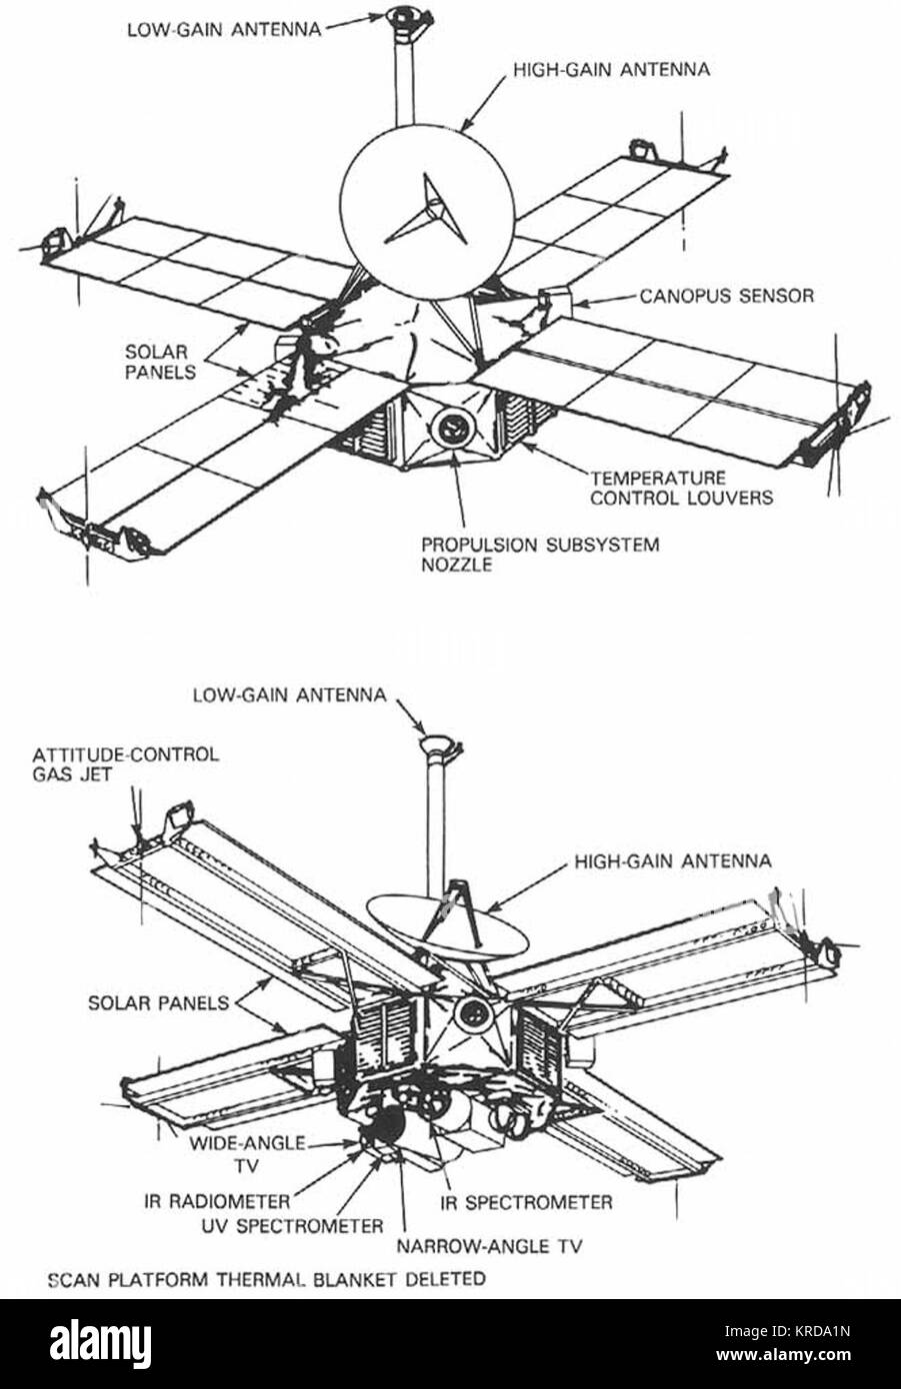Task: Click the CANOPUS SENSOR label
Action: pos(726,296)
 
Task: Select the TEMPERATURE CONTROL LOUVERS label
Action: pos(681,488)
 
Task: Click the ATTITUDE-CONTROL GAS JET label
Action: pos(125,763)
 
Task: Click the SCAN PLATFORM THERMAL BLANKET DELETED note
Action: pos(266,1278)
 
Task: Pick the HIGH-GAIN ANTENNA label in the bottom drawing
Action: pos(673,860)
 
